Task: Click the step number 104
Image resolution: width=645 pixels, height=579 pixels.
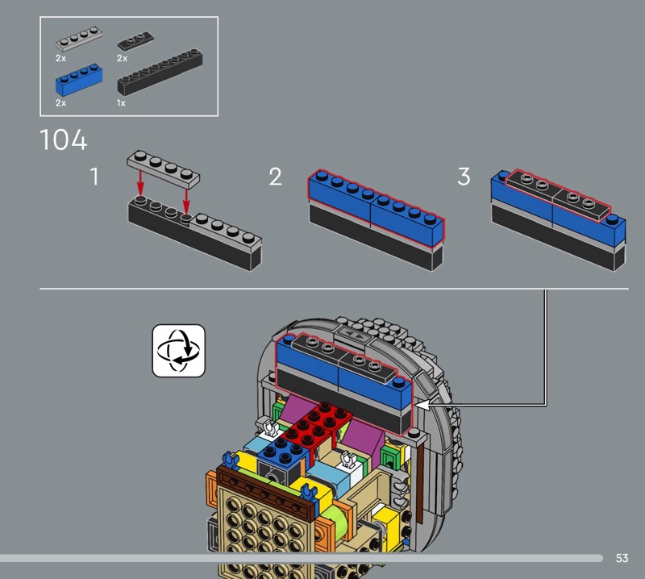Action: (x=64, y=140)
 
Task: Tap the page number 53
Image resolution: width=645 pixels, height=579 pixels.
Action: (x=622, y=558)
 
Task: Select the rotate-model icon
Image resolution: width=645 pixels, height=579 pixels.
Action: (x=178, y=351)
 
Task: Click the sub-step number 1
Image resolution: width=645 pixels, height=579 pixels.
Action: (x=94, y=176)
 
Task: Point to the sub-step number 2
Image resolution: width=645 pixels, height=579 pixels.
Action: (x=276, y=176)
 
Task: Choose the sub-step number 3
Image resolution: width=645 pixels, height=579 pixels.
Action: (x=464, y=176)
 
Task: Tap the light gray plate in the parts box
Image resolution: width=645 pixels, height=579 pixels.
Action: (x=78, y=39)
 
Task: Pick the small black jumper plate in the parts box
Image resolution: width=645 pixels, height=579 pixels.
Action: (x=135, y=41)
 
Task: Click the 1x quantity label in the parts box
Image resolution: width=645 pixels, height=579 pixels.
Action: (x=121, y=103)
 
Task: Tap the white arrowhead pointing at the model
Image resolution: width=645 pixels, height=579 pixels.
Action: (x=423, y=406)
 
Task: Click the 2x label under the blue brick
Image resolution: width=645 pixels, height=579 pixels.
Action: (x=61, y=103)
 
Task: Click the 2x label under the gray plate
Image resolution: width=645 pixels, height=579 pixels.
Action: (x=61, y=58)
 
